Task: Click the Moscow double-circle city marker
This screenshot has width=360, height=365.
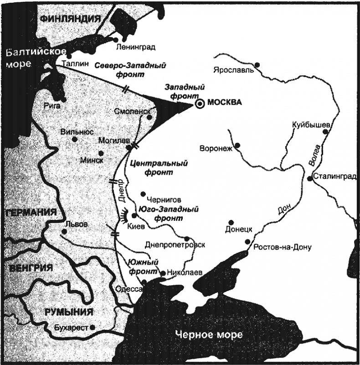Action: tap(199, 104)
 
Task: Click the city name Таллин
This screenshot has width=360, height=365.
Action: tap(74, 65)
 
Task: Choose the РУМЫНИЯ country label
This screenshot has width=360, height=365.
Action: tap(69, 312)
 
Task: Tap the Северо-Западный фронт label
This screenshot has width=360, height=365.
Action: tap(130, 70)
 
